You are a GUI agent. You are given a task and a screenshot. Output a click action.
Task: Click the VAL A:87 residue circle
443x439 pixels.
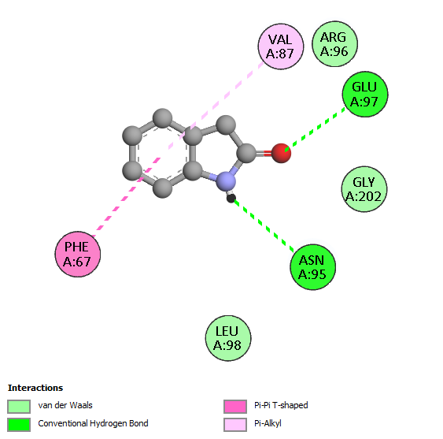(x=281, y=47)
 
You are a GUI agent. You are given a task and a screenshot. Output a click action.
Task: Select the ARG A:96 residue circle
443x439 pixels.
(x=334, y=44)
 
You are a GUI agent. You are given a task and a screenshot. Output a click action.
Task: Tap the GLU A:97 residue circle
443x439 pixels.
(x=365, y=94)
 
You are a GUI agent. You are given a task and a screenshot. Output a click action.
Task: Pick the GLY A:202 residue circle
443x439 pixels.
(x=364, y=189)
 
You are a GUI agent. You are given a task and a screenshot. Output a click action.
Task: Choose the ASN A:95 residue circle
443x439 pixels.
(x=312, y=267)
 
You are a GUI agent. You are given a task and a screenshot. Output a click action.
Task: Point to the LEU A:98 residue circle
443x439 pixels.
(x=228, y=338)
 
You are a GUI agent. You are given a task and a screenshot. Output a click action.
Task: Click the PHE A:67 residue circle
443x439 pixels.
(x=78, y=254)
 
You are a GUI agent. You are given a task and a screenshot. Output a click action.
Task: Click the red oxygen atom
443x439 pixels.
(x=281, y=153)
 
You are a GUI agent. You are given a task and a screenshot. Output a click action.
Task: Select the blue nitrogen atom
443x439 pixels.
(x=226, y=180)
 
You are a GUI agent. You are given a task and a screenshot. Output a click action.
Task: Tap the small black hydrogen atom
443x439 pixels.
(x=231, y=199)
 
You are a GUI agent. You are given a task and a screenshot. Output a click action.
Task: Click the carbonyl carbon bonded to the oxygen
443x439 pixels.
(x=247, y=153)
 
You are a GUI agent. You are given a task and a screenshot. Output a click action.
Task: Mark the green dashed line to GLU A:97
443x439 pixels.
(x=315, y=129)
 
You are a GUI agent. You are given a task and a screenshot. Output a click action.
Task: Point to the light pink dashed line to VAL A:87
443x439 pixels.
(x=216, y=106)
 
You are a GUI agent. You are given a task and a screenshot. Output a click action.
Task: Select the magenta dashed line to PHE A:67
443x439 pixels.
(x=126, y=197)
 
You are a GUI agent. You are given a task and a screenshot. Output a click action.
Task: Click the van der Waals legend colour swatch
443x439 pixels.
(x=19, y=407)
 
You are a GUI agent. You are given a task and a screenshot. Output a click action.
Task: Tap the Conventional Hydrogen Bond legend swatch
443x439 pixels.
(x=19, y=425)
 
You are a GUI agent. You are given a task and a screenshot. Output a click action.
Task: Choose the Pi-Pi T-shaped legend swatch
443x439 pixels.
(x=235, y=407)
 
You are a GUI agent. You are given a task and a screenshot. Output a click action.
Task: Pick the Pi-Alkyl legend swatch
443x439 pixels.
(x=235, y=425)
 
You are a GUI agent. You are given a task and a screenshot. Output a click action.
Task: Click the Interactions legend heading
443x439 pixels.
(x=35, y=388)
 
